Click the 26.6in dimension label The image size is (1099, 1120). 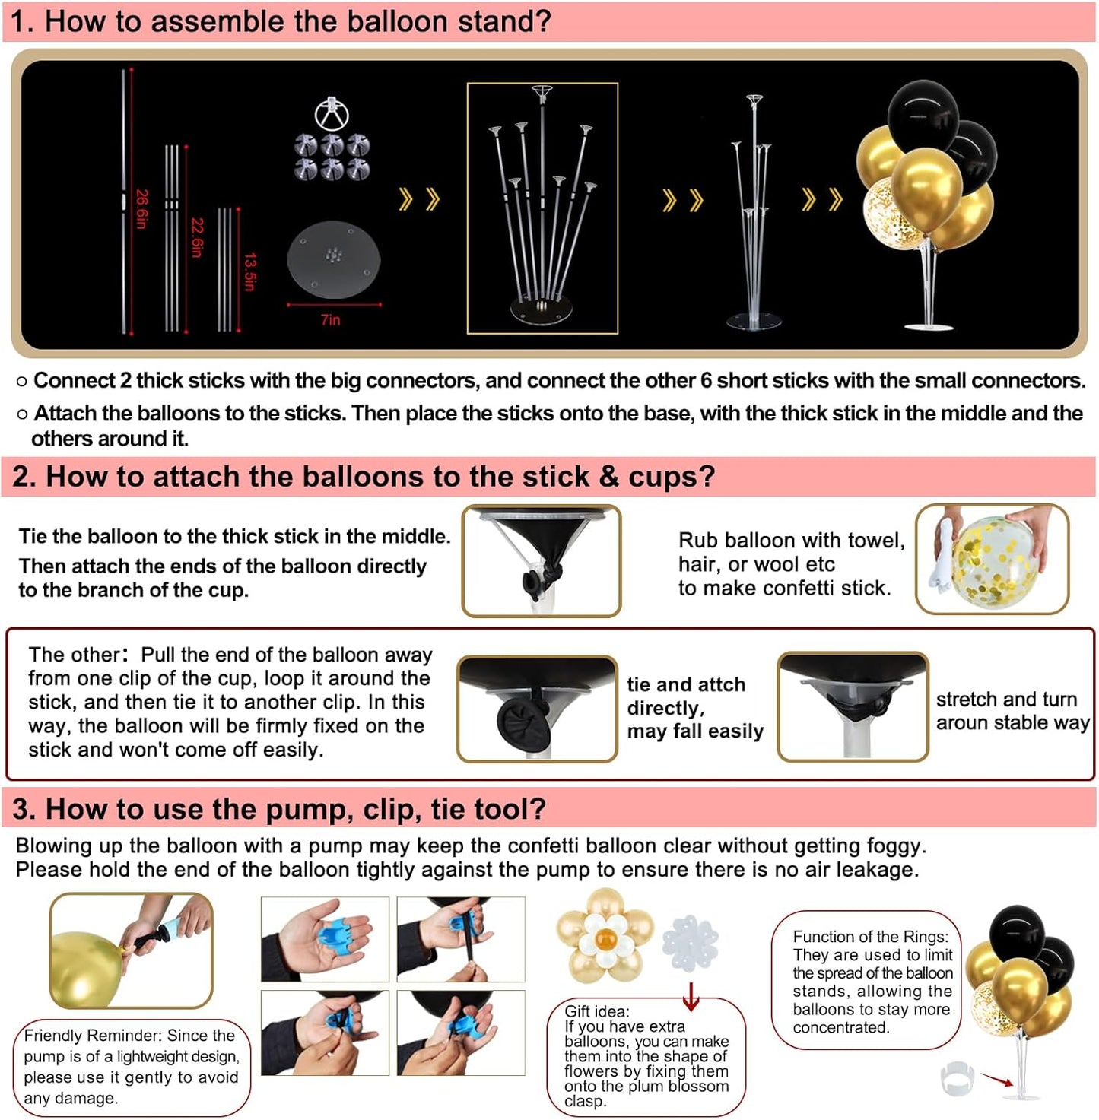pos(141,209)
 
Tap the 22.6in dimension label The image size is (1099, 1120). pos(197,237)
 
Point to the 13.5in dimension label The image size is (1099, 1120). pos(249,271)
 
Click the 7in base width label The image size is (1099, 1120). pos(331,320)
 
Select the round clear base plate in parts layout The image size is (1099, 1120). pos(333,259)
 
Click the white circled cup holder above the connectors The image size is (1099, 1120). pos(332,114)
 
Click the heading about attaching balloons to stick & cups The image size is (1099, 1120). pos(364,477)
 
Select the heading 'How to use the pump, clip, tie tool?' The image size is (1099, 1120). pos(279,809)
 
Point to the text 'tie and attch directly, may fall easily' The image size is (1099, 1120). pos(694,708)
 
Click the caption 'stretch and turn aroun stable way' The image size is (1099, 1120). pos(1012,711)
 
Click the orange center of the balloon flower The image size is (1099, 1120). pos(605,940)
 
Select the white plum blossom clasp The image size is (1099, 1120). pos(690,943)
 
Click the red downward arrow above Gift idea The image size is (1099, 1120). pos(691,996)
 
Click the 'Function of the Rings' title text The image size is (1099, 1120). pos(870,937)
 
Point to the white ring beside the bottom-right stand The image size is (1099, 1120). pos(957,1078)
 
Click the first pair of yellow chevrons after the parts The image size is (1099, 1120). pos(419,200)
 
